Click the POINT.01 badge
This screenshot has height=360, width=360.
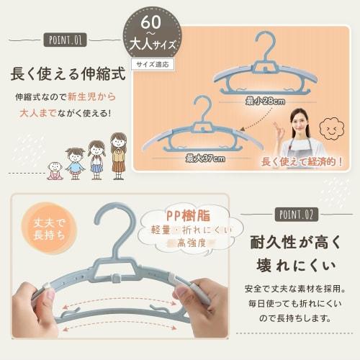64,39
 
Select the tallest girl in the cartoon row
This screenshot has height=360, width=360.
118,155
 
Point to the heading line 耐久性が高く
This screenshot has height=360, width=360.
295,241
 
